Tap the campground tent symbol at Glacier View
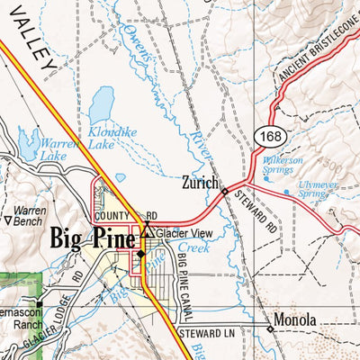click(x=147, y=234)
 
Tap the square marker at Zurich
click(x=224, y=191)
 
